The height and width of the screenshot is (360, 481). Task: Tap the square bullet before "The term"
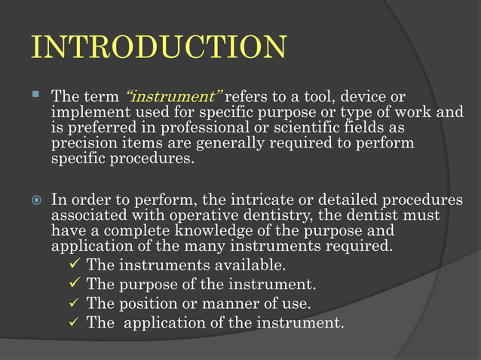point(35,96)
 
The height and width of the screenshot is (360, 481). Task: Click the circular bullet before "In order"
point(35,201)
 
